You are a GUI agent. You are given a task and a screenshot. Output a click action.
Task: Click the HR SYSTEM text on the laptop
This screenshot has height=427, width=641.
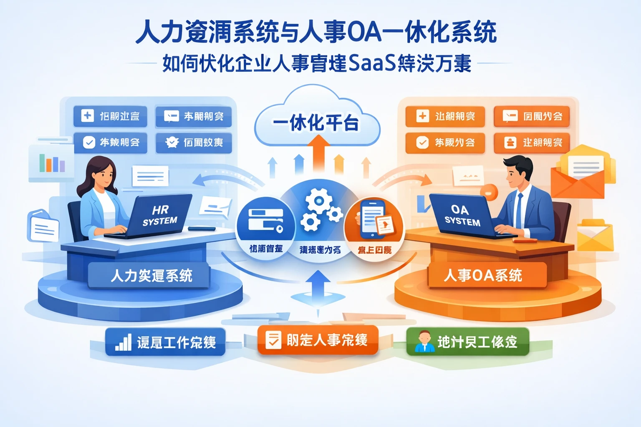click(x=160, y=215)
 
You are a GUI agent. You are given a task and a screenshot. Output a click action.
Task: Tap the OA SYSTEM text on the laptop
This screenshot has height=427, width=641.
click(x=462, y=215)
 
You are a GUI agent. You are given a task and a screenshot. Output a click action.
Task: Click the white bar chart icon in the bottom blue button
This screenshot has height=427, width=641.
click(x=123, y=342)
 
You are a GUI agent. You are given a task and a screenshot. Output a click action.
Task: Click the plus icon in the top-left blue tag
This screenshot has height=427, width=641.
click(x=87, y=116)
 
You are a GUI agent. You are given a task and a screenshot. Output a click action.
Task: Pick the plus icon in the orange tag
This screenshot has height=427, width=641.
click(x=422, y=116)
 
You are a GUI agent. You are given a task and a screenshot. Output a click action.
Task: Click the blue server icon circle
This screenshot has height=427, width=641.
click(x=266, y=220)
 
